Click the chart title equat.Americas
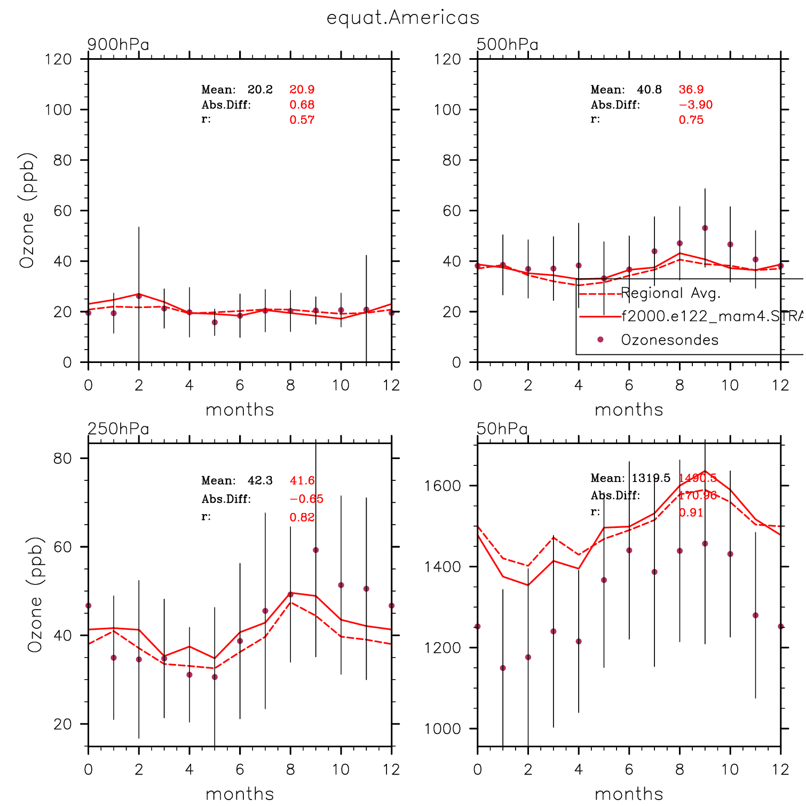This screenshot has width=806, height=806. [403, 18]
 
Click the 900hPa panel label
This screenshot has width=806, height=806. [118, 44]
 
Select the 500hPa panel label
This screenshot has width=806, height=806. [507, 44]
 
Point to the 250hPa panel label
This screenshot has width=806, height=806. [118, 429]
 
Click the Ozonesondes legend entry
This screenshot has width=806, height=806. [669, 340]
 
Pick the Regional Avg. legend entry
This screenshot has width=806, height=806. [671, 293]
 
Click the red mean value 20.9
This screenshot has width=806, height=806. [302, 90]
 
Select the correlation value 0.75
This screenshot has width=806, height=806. [691, 120]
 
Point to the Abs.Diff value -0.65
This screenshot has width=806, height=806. [306, 499]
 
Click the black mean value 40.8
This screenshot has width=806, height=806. [649, 90]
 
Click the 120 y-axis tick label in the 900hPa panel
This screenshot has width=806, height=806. [59, 59]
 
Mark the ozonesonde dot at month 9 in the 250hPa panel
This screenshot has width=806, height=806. [315, 550]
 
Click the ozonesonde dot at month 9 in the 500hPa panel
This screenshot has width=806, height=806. [705, 228]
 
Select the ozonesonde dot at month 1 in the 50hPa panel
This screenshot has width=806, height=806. [502, 668]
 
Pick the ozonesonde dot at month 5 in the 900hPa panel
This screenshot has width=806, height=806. [215, 322]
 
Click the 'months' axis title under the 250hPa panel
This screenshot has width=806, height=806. [240, 794]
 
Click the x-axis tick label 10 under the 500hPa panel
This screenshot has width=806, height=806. [730, 385]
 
